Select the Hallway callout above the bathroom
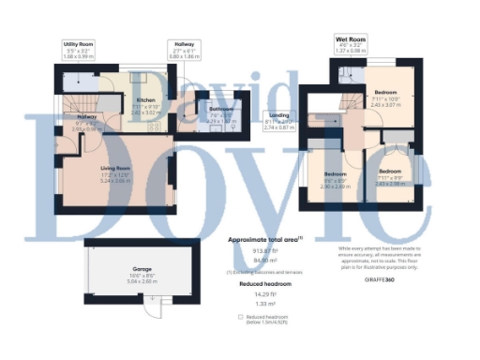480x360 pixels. (x=183, y=50)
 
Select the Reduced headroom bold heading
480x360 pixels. (x=264, y=282)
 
